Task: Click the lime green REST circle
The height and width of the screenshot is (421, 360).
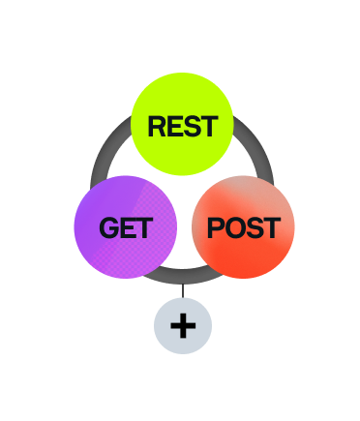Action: [x=182, y=124]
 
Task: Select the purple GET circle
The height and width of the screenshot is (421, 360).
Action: [x=126, y=227]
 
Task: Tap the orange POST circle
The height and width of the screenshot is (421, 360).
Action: [x=243, y=227]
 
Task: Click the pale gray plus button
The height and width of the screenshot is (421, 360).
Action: [x=183, y=326]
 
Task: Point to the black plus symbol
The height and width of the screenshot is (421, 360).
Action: [x=183, y=326]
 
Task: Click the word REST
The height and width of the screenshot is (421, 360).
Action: [x=183, y=127]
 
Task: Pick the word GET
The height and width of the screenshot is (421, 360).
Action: [x=126, y=227]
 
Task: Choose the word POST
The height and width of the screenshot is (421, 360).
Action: [x=244, y=227]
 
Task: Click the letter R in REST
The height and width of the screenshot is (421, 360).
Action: [x=157, y=127]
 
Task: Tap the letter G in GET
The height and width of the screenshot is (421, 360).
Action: [x=109, y=227]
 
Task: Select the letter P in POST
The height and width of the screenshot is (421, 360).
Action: [x=216, y=227]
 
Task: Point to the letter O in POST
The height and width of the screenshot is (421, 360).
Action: [x=235, y=227]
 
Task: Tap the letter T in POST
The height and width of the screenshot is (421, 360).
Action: [x=272, y=227]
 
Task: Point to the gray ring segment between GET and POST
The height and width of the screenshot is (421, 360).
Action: [x=183, y=277]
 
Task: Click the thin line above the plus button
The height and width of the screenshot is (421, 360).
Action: [x=183, y=290]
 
